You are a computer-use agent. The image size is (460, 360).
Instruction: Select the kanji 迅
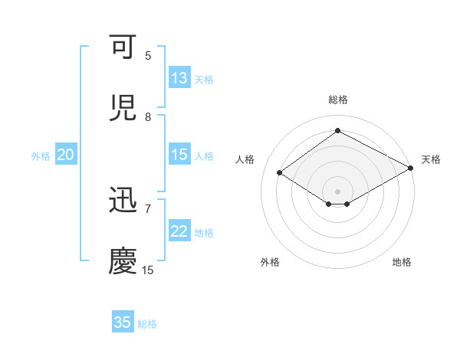123,201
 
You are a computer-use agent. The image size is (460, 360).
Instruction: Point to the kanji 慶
123,261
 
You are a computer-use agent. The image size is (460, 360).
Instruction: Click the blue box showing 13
179,77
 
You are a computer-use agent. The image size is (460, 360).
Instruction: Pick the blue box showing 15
179,155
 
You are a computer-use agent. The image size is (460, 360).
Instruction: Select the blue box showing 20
66,155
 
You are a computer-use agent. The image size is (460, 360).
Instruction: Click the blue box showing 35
123,322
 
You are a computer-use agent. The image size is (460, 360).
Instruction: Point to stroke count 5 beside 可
148,55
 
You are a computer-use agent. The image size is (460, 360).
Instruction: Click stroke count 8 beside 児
148,116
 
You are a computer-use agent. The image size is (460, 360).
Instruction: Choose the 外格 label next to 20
41,156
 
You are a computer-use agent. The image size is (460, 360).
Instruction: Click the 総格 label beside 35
147,324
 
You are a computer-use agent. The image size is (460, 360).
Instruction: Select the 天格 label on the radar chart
431,159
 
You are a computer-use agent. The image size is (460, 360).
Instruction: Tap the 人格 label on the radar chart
245,159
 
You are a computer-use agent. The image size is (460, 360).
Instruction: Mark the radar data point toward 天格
411,169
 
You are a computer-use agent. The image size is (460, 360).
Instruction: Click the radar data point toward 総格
337,131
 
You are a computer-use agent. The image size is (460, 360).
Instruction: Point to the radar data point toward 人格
280,172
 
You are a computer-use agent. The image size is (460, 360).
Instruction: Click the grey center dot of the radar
337,191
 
